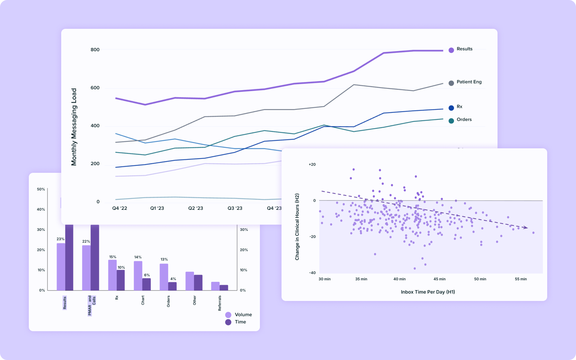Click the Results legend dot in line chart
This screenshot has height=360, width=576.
451,50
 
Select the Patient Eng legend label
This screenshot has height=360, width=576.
469,82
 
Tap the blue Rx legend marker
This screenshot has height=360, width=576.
451,108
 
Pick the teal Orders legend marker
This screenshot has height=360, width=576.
451,121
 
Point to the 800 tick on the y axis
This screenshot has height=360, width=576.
95,50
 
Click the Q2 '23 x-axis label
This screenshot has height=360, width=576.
195,208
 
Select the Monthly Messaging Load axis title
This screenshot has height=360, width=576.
74,127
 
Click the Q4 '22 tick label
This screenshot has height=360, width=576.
120,208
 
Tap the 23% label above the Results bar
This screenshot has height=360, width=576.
60,239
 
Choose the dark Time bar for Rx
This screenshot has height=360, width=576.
121,280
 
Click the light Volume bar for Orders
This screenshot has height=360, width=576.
164,277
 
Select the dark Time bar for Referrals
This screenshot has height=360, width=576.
224,288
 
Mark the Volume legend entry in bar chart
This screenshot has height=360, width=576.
239,315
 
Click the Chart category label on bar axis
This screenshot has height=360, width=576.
143,300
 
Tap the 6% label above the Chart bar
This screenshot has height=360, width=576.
147,275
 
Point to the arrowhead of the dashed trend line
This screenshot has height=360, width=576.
526,228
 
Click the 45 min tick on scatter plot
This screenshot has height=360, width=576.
440,279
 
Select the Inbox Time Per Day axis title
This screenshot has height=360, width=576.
428,292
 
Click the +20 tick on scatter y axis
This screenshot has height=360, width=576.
312,165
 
